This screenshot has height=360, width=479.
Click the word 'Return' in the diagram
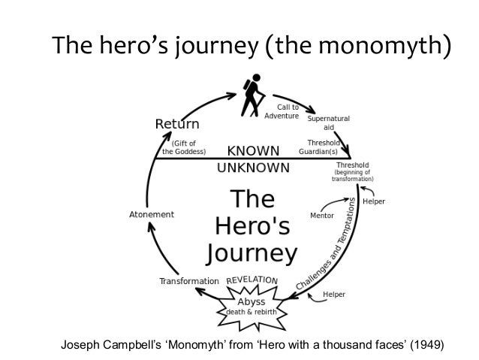pos(176,124)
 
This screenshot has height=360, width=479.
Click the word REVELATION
pos(252,280)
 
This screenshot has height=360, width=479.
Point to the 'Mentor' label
pos(322,215)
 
